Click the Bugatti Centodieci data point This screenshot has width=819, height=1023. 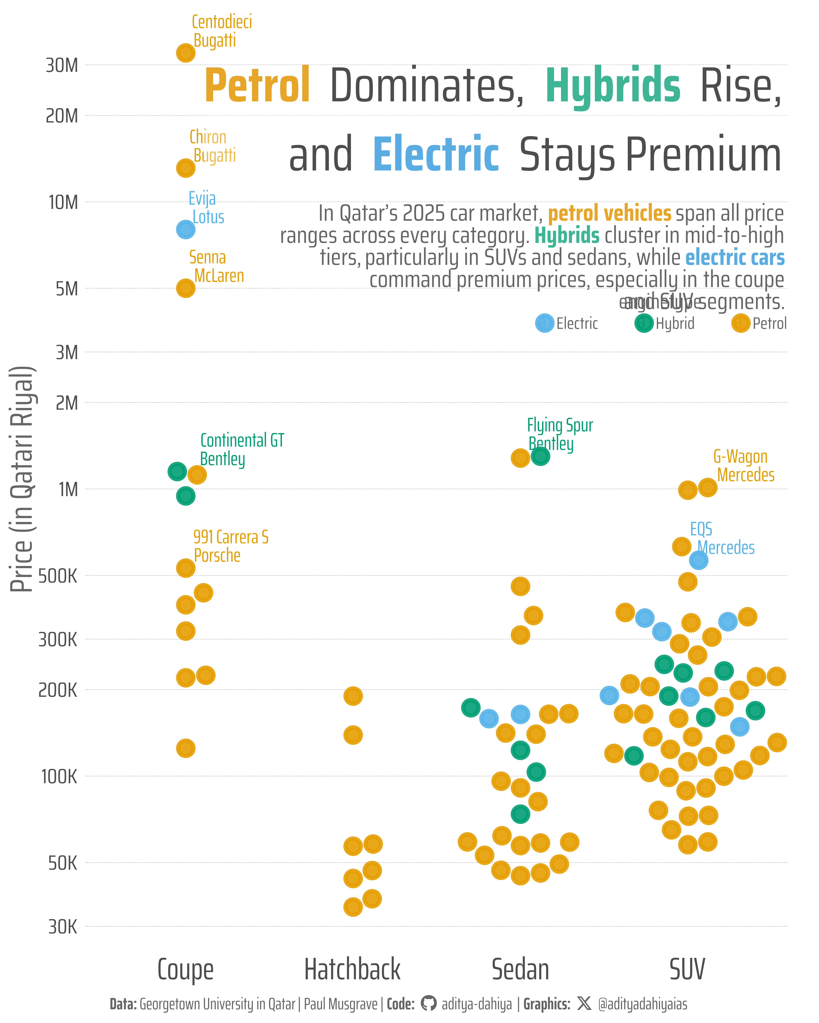(186, 53)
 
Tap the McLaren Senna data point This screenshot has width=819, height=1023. (186, 288)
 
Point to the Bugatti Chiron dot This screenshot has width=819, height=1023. (186, 168)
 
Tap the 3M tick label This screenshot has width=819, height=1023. (67, 353)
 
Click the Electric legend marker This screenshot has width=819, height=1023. (545, 323)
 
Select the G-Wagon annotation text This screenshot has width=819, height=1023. (740, 456)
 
